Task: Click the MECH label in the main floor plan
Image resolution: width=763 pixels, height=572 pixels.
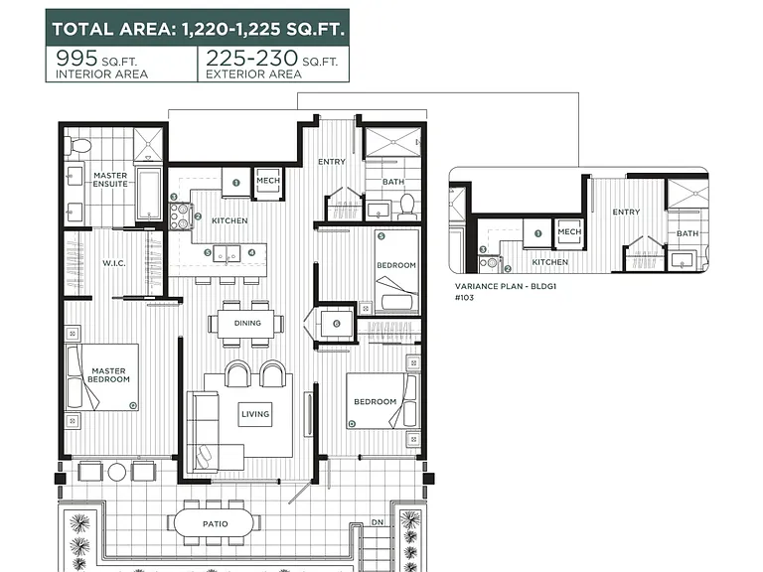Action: coord(268,181)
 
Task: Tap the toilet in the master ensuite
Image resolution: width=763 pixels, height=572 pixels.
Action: coord(78,145)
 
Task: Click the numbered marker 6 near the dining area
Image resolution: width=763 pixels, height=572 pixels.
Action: coord(337,324)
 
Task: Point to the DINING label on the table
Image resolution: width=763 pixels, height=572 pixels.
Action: coord(247,323)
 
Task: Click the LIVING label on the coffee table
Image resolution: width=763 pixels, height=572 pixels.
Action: coord(255,414)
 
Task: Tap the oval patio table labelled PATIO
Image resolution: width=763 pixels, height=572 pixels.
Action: coord(214,523)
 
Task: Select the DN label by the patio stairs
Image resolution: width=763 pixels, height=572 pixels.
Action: coord(378,522)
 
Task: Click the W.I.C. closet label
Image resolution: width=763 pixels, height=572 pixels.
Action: coord(114,263)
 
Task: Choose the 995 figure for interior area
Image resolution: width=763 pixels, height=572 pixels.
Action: coord(76,59)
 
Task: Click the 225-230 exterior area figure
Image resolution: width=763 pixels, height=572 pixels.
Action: coord(251,59)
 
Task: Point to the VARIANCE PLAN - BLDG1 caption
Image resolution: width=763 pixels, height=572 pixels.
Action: coord(505,286)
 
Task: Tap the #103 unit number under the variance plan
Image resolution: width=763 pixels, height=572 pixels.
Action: coord(464,298)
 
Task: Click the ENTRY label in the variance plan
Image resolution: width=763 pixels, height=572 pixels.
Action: coord(626,213)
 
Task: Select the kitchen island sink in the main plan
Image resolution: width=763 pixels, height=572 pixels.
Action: coord(227,253)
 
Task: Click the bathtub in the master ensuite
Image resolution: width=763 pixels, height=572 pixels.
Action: coord(148,194)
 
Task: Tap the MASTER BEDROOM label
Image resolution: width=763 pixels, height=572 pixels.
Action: coord(108,375)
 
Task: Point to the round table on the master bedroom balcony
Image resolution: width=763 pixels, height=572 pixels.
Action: coord(117,472)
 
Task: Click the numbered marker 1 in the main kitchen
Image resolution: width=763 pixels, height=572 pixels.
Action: coord(236,183)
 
